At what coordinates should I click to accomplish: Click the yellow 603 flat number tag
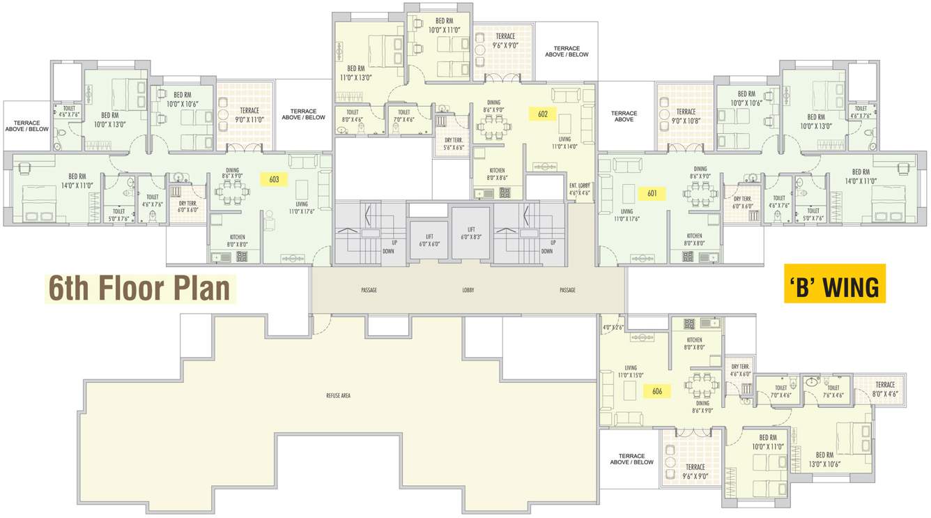coord(274,179)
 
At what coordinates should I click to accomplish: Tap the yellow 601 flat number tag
coord(652,193)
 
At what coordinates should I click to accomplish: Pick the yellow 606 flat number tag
coord(656,391)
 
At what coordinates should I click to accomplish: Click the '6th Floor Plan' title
coord(140,289)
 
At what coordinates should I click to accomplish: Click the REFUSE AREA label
coord(338,395)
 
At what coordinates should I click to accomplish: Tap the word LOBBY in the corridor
coord(468,290)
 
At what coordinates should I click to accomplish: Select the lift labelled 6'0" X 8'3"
coord(471,233)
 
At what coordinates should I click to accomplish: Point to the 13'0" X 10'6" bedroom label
coord(824,459)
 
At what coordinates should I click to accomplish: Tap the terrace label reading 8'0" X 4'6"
coord(885,388)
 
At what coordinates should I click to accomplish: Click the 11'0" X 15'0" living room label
coord(631,372)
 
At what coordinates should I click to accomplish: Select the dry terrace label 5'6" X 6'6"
coord(454,144)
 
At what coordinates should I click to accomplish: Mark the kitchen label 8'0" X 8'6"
coord(497,174)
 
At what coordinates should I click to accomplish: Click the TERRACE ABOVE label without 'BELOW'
coord(624,116)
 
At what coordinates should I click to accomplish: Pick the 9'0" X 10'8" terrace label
coord(686,116)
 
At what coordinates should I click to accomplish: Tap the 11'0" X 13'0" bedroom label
coord(356,73)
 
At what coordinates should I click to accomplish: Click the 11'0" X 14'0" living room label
coord(564,143)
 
